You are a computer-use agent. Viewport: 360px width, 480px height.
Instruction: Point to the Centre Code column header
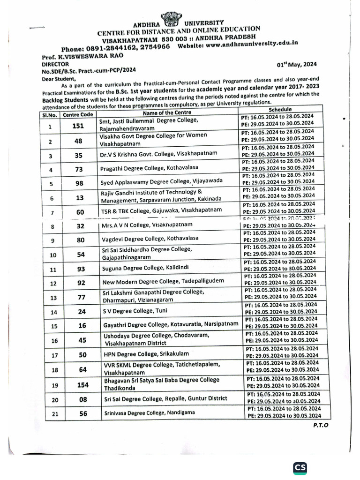(78, 114)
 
